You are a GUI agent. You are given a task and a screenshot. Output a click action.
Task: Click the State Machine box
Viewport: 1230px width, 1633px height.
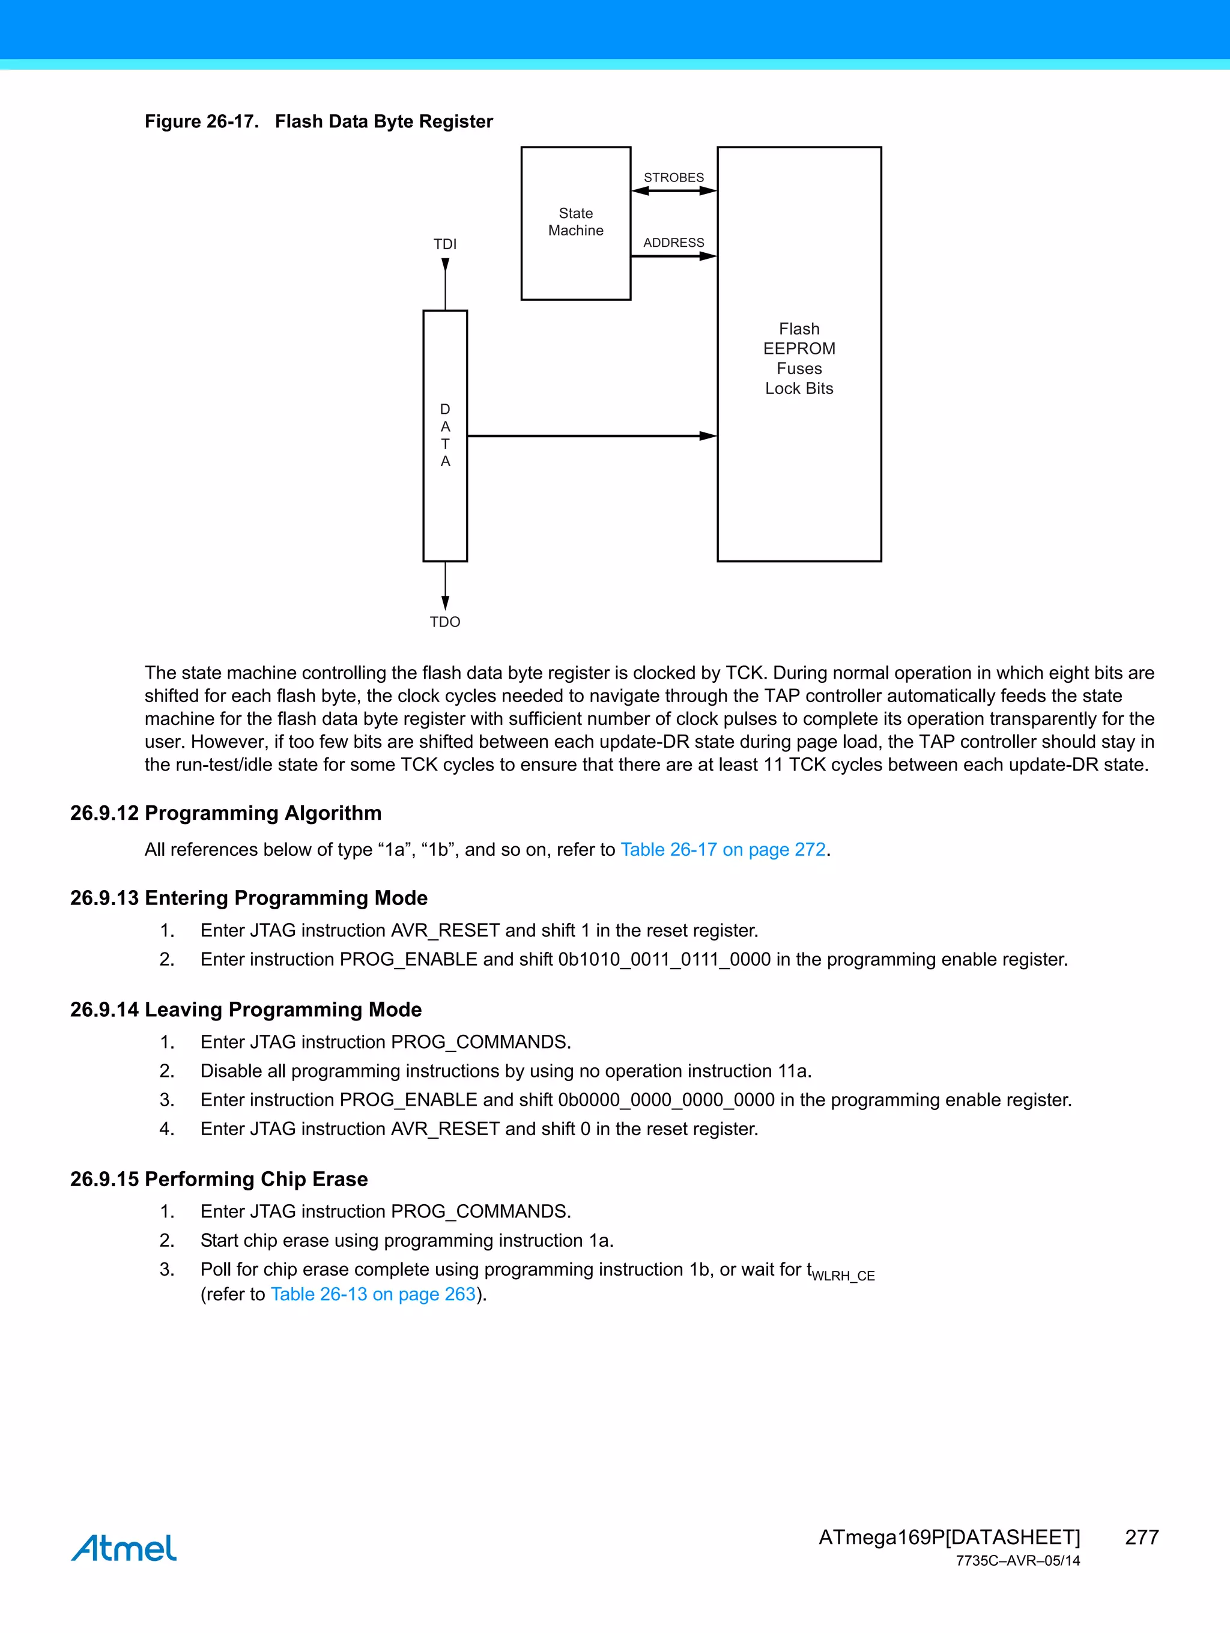pyautogui.click(x=575, y=222)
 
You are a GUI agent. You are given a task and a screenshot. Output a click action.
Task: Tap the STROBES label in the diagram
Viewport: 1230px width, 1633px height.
pyautogui.click(x=673, y=177)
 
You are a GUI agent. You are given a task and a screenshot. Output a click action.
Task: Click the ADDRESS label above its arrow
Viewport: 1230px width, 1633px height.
pyautogui.click(x=673, y=242)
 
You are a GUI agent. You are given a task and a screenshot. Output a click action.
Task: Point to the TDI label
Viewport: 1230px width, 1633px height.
pyautogui.click(x=444, y=244)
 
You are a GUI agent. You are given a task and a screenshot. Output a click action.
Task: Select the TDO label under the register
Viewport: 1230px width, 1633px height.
pyautogui.click(x=444, y=622)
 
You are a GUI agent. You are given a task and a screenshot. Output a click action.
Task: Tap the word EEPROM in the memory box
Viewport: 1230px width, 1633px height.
pyautogui.click(x=799, y=348)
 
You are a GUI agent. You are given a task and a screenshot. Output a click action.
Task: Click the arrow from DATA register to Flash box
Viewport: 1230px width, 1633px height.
pyautogui.click(x=590, y=435)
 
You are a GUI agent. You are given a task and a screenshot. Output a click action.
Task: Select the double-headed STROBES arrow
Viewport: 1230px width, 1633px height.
pyautogui.click(x=673, y=190)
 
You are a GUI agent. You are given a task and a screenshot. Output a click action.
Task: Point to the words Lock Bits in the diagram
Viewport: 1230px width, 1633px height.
pyautogui.click(x=799, y=389)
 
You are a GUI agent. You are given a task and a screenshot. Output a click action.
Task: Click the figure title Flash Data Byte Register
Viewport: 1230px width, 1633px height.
pyautogui.click(x=383, y=121)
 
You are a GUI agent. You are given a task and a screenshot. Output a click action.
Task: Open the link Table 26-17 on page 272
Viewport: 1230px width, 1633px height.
pyautogui.click(x=722, y=849)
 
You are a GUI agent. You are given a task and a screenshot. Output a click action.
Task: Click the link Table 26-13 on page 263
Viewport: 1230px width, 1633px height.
pyautogui.click(x=373, y=1294)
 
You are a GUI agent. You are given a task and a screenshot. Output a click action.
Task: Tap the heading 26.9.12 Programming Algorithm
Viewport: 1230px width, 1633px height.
pyautogui.click(x=226, y=812)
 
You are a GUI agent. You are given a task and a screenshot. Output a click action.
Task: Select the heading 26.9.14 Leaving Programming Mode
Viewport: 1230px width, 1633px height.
pyautogui.click(x=246, y=1008)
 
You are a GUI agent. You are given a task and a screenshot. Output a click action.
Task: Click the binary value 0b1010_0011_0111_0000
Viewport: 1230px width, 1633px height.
pyautogui.click(x=664, y=959)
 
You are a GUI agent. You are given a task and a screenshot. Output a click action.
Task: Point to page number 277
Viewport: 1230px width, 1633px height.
pyautogui.click(x=1141, y=1537)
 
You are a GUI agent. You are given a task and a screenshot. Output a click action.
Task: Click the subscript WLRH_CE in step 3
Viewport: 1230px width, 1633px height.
pyautogui.click(x=843, y=1276)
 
